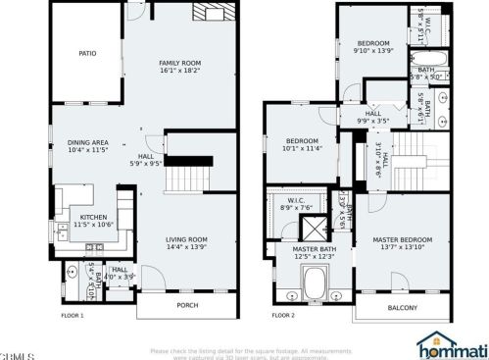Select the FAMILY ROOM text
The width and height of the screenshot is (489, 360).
[x=179, y=63]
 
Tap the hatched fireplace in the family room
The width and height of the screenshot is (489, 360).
[x=207, y=14]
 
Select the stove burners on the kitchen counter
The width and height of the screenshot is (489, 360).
[x=124, y=217]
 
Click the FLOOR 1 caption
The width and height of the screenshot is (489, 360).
[x=73, y=316]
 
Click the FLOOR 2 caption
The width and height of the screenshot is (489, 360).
[x=282, y=316]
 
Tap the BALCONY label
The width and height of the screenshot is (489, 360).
[x=402, y=307]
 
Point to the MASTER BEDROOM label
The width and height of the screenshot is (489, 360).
[x=402, y=239]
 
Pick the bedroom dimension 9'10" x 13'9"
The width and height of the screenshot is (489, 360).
[x=373, y=51]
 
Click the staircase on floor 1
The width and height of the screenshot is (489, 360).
[x=185, y=180]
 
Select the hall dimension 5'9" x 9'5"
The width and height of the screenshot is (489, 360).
[x=145, y=165]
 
